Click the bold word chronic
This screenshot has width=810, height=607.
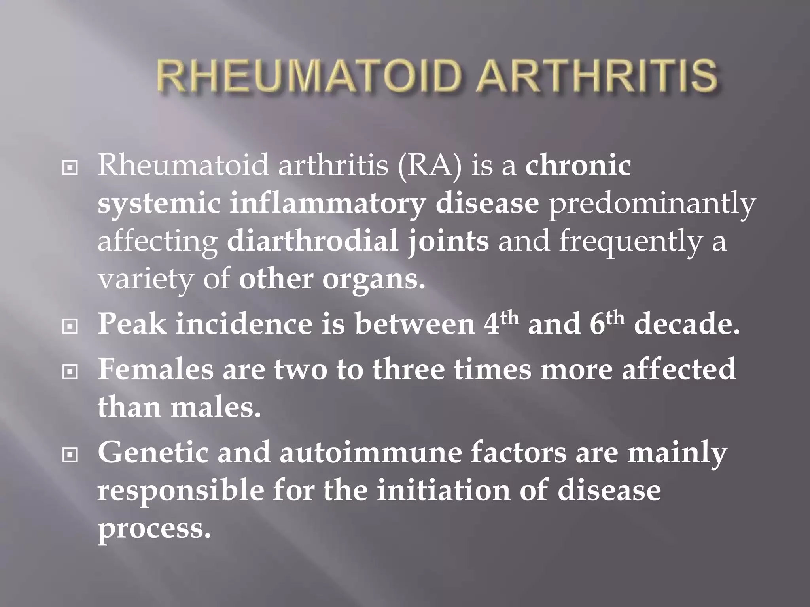click(x=578, y=166)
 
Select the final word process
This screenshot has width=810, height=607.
click(x=154, y=530)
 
